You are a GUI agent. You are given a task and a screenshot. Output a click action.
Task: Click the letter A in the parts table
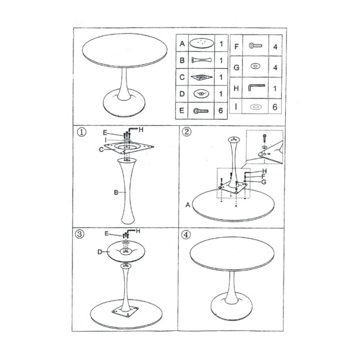coord(181,44)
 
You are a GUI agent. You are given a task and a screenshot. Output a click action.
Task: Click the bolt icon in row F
coord(255,46)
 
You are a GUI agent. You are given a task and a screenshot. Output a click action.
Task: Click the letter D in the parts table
coord(181,94)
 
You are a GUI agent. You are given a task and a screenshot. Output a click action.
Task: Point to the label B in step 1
coord(116,192)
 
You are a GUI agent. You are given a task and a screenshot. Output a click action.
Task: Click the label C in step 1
coord(102,149)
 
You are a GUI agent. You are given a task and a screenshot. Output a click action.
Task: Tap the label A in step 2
coord(187,205)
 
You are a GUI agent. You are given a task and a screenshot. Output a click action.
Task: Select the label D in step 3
coord(100,252)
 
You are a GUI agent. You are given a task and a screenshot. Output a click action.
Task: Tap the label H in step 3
coord(138,231)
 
